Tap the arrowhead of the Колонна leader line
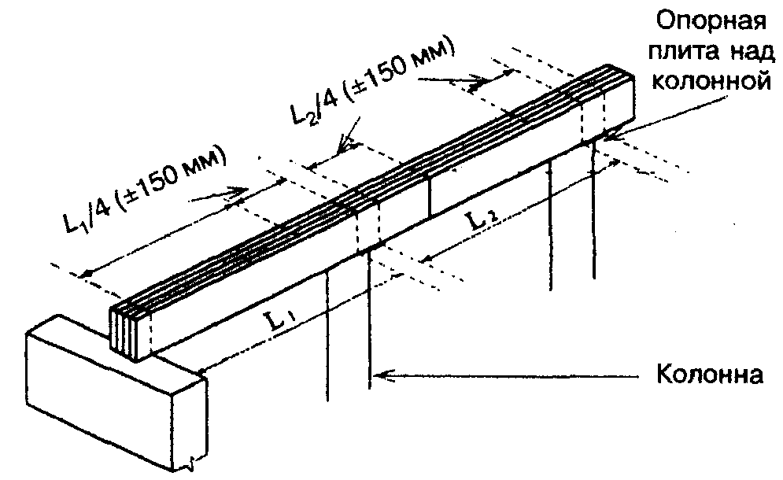point(380,374)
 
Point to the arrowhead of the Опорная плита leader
point(608,141)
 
